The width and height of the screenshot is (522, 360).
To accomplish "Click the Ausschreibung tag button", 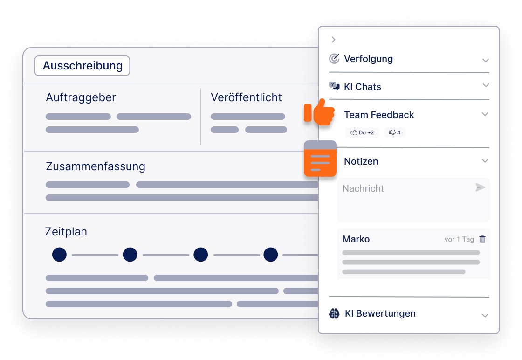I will pos(82,66).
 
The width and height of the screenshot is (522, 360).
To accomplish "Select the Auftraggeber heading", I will pos(81,97).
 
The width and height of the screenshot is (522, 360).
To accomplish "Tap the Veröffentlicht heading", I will pos(246,97).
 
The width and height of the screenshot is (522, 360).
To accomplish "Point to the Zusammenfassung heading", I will pos(96,166).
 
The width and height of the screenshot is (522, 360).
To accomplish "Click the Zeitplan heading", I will pos(66,232).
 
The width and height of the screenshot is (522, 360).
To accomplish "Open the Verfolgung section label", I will pos(368,59).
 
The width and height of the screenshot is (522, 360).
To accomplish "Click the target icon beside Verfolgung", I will pos(334,59).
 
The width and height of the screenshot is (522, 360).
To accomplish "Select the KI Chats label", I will pos(362,87).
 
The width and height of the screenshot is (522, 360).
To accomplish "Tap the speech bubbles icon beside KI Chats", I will pos(334,86).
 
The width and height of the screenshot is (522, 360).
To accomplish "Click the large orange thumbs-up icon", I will pos(320,112).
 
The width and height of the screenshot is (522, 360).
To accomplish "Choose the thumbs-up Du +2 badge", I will pos(362,132).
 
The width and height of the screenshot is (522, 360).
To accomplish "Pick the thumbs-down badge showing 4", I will pos(394,132).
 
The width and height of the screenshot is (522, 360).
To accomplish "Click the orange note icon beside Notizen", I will pos(320,159).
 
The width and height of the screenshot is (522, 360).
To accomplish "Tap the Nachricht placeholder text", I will pos(363,188).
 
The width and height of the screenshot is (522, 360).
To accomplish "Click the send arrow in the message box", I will pos(480,187).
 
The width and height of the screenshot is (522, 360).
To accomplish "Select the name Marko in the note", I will pos(356,239).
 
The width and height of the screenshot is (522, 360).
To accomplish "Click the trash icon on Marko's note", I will pos(482,239).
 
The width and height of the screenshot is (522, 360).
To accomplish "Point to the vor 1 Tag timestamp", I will pos(459,240).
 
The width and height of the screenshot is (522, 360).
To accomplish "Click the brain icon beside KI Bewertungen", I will pos(334,314).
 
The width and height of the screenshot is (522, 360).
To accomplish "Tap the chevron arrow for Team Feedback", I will pos(485,114).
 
